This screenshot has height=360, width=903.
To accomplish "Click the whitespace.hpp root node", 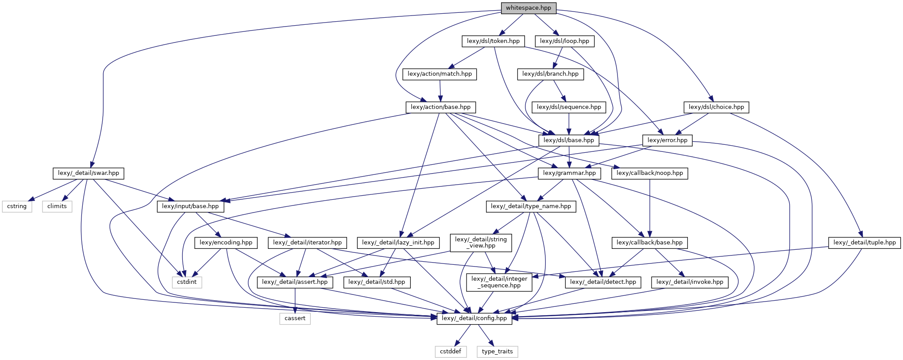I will (x=529, y=8).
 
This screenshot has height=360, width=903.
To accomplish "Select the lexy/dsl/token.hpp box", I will (x=493, y=41).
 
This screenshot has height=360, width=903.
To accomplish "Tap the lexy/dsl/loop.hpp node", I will (x=564, y=41).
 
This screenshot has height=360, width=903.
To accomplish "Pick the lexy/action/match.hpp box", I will (x=440, y=74).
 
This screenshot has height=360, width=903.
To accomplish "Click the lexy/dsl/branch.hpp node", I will (x=550, y=74).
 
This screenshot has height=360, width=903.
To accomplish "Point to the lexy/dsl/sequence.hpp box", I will (x=569, y=107).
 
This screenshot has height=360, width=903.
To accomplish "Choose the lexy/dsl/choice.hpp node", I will (x=716, y=107).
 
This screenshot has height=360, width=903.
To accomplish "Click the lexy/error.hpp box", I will (x=667, y=140).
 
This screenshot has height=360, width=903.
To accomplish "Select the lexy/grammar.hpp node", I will (x=569, y=173).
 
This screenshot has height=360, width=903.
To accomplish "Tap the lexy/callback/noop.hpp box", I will (x=649, y=173).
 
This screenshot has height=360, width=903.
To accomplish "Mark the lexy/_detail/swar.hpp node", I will (x=89, y=173).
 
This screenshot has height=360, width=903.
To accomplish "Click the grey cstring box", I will (x=17, y=206).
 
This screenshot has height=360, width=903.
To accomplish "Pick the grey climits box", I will (x=57, y=206).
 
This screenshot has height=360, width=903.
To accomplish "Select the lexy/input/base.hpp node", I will (x=190, y=206).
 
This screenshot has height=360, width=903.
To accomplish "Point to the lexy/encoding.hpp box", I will (x=226, y=243).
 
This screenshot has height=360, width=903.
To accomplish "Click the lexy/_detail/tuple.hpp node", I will (x=864, y=243).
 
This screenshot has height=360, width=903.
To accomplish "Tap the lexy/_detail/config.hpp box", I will (x=474, y=318).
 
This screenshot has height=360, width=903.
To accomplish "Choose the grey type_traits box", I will (x=497, y=352).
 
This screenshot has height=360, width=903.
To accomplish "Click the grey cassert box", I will (x=295, y=318).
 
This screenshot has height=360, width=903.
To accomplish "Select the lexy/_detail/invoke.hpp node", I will (x=690, y=282).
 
